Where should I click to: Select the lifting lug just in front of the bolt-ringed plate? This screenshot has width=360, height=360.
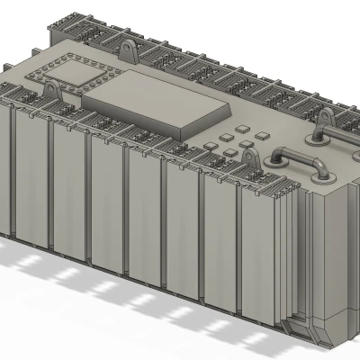click(x=52, y=91)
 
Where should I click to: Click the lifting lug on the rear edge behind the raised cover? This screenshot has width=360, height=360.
click(x=129, y=47)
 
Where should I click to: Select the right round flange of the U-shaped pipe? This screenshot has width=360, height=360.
click(x=320, y=174)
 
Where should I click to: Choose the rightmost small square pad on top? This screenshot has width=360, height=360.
click(x=262, y=134)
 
